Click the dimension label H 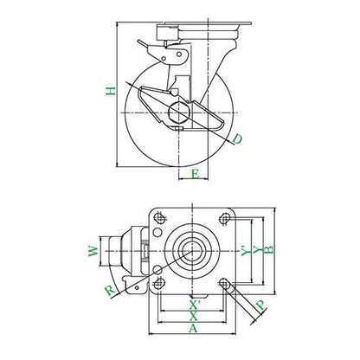tap(111, 91)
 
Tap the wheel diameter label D tap(237, 139)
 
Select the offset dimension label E tap(196, 174)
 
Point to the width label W tap(93, 251)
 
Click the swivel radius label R tap(111, 291)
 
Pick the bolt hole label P tap(260, 305)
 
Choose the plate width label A tap(193, 328)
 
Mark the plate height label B tap(269, 249)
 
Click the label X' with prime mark tap(195, 304)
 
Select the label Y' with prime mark tap(246, 250)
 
